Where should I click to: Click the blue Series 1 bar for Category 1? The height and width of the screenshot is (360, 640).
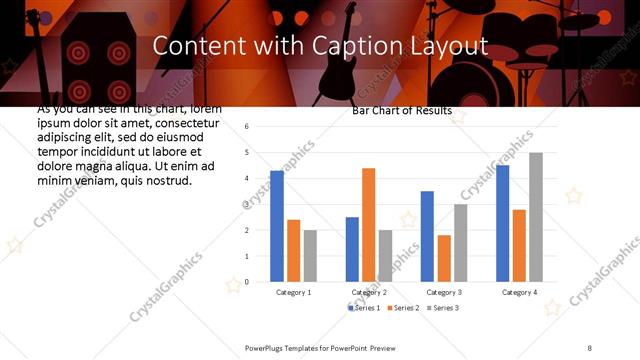pyautogui.click(x=277, y=226)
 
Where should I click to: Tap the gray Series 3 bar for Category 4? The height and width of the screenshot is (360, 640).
pyautogui.click(x=536, y=217)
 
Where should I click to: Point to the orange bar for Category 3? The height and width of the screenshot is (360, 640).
pyautogui.click(x=444, y=258)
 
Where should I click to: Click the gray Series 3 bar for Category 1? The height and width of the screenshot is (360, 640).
pyautogui.click(x=310, y=255)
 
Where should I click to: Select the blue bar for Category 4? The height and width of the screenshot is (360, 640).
pyautogui.click(x=502, y=223)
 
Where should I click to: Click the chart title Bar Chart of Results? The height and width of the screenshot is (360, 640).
pyautogui.click(x=402, y=111)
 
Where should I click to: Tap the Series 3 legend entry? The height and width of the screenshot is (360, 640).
pyautogui.click(x=444, y=307)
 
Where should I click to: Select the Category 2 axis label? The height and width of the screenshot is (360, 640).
pyautogui.click(x=369, y=292)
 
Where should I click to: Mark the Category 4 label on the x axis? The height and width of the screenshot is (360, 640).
pyautogui.click(x=519, y=292)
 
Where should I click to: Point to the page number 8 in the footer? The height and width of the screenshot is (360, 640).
pyautogui.click(x=589, y=346)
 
